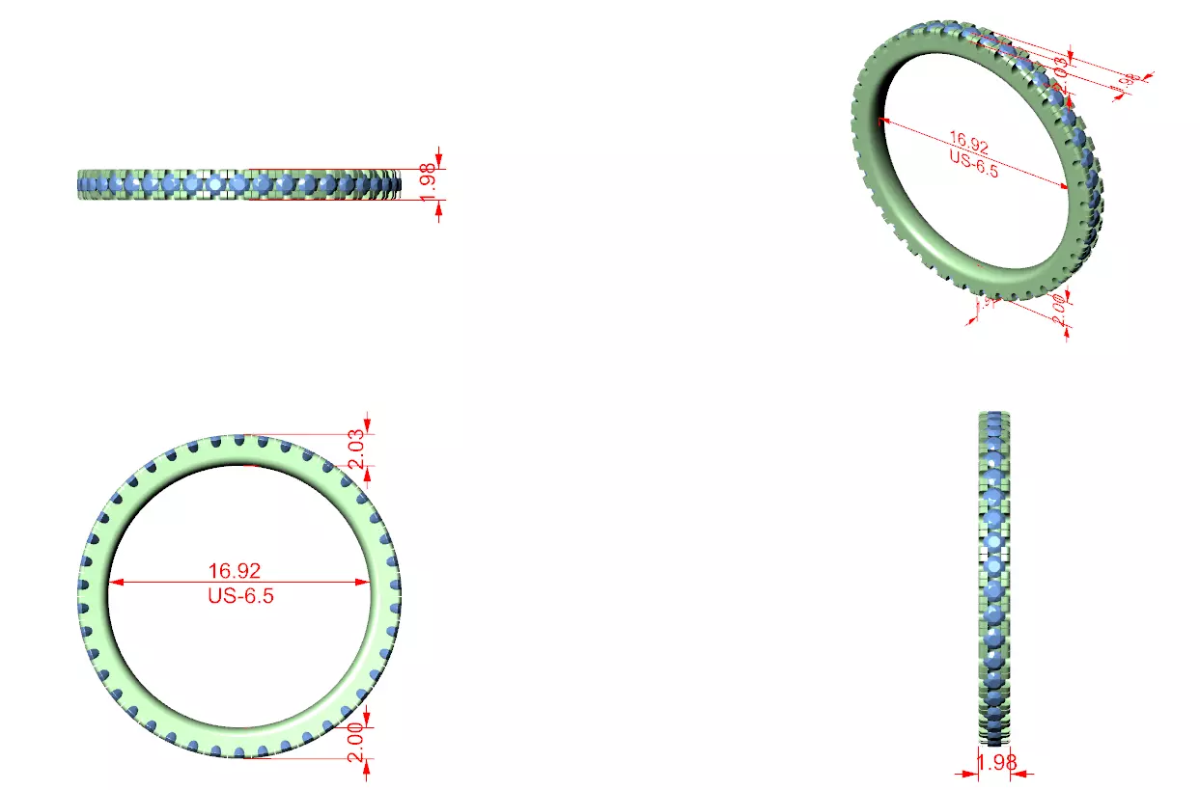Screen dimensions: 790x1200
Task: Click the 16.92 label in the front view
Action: coord(240,571)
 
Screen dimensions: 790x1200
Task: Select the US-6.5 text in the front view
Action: coord(240,595)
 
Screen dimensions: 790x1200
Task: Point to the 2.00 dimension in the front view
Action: coord(356,742)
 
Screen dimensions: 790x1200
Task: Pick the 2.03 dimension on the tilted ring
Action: coord(1059,68)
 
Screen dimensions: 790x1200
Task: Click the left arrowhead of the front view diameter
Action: coord(114,583)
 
